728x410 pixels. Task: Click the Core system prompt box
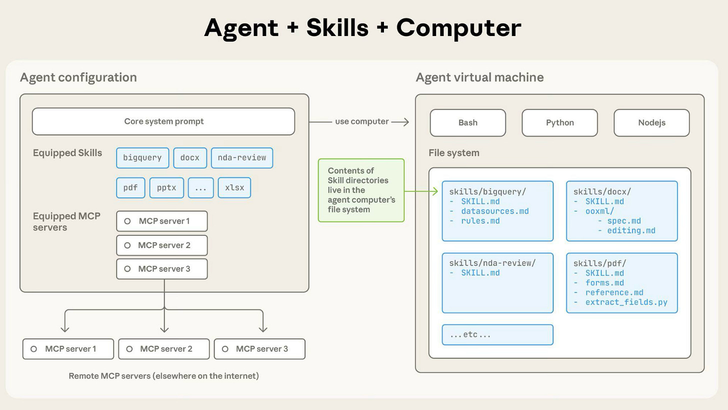point(163,121)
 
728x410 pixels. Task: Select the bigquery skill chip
point(142,158)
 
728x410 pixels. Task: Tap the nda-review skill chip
point(241,158)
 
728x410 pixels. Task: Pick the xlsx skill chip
point(234,188)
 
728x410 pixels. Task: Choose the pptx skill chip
point(166,188)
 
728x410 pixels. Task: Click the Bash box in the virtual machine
point(467,123)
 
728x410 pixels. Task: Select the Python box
point(559,123)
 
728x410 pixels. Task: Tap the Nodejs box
point(651,123)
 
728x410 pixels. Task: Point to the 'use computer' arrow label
point(361,121)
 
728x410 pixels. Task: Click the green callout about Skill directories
point(361,190)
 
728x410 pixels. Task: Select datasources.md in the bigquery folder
point(494,211)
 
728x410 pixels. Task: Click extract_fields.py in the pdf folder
point(626,302)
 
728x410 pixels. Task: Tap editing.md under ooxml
point(631,230)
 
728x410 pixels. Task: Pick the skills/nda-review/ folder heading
point(492,263)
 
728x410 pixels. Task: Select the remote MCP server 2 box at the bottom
point(164,349)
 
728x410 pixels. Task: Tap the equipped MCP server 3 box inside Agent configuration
point(162,269)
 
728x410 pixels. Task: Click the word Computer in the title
point(458,27)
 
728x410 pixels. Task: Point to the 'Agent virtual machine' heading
point(479,77)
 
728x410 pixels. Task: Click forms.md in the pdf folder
point(604,283)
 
